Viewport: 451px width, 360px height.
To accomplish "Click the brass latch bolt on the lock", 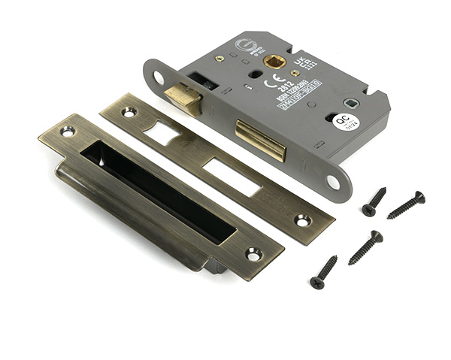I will click(183, 98).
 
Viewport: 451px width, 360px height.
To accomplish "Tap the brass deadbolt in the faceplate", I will click(261, 140).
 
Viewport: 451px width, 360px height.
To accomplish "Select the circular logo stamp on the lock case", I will click(247, 47).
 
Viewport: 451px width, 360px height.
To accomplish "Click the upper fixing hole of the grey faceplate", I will click(158, 77).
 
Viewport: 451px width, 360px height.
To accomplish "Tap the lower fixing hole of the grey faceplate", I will click(333, 181).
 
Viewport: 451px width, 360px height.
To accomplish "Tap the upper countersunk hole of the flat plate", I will click(129, 112).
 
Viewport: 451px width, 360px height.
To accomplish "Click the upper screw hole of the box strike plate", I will click(68, 132).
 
